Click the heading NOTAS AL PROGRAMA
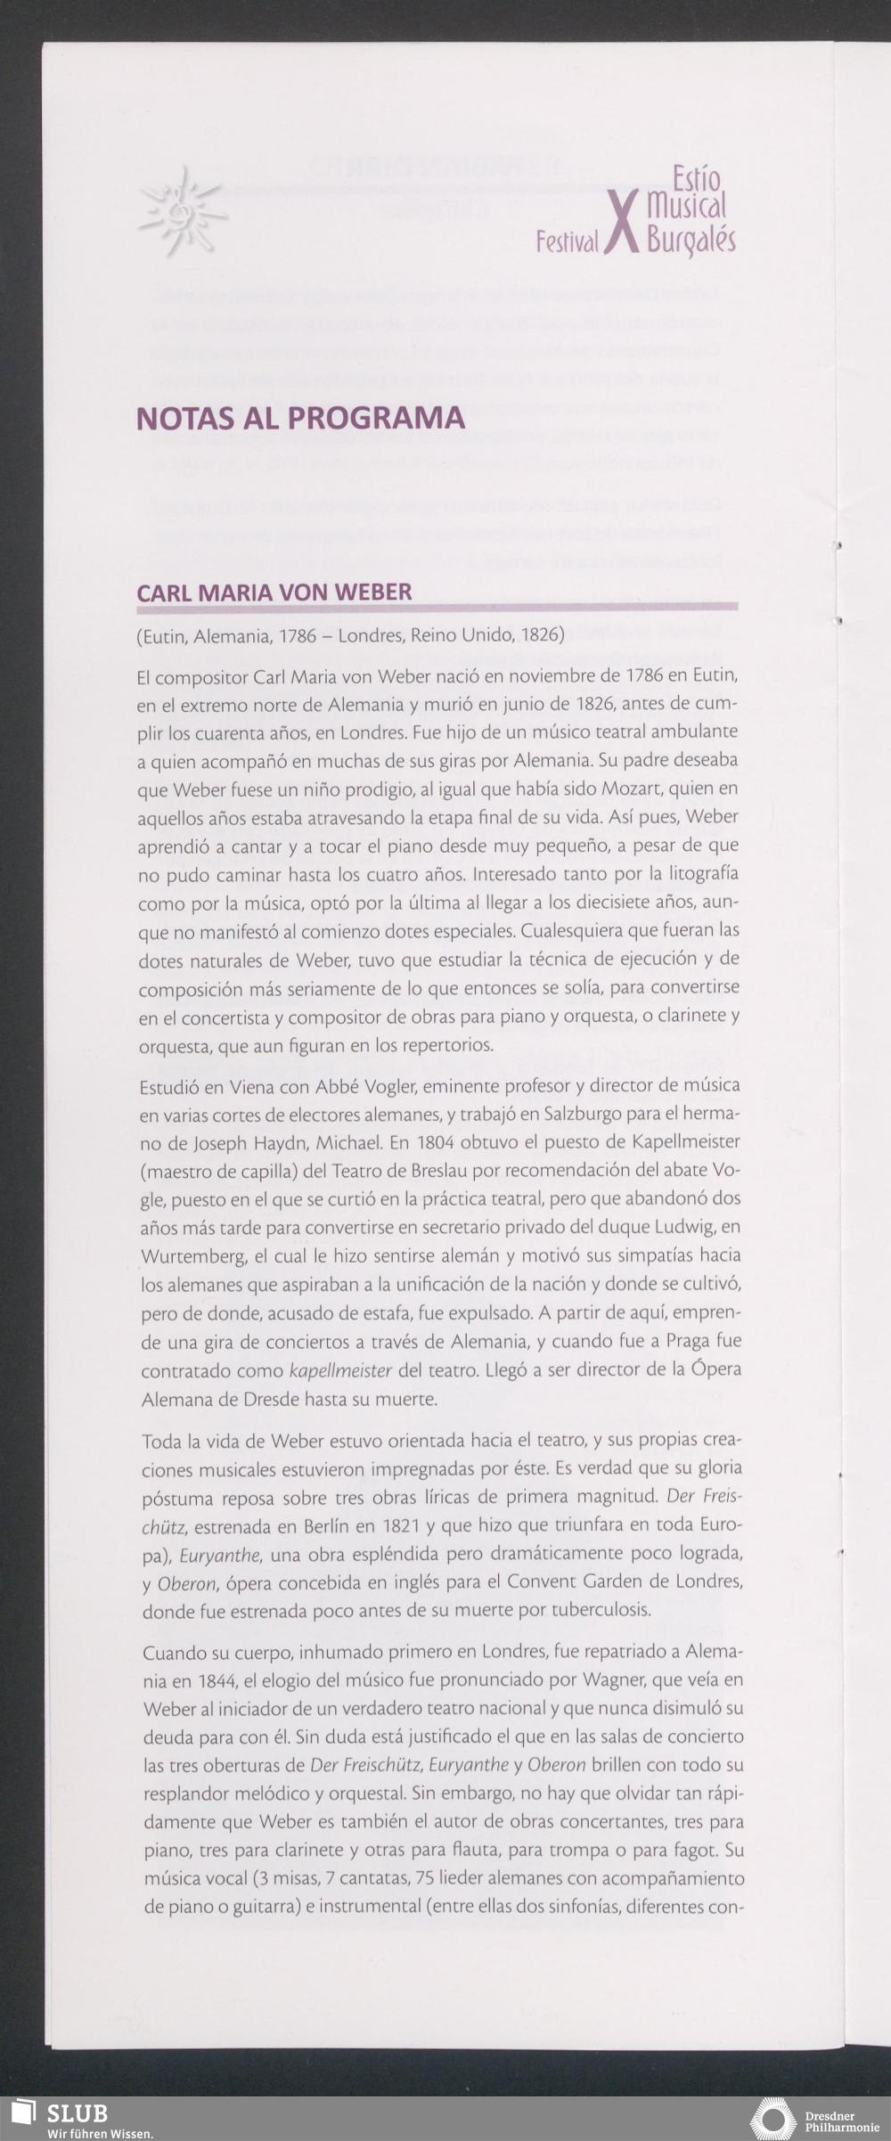[x=300, y=418]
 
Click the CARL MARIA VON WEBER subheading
[x=274, y=592]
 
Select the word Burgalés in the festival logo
[x=691, y=241]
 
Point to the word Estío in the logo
[x=696, y=179]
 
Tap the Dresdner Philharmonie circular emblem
[x=772, y=2119]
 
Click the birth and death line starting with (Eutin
[x=350, y=635]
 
